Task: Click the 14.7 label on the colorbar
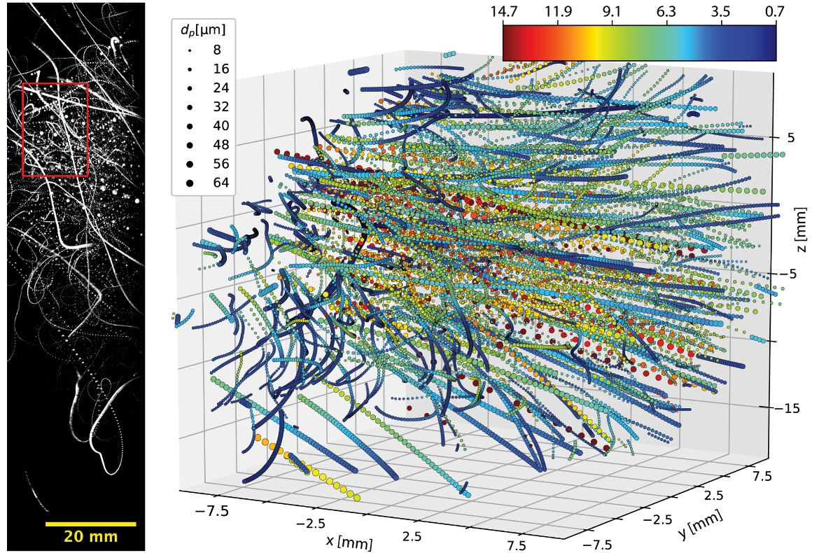[503, 11]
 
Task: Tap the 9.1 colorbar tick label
[612, 11]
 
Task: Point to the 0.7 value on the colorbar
[776, 11]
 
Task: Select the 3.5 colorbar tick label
[721, 11]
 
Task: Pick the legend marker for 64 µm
[192, 183]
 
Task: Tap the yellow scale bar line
[91, 524]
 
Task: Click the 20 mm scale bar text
[91, 537]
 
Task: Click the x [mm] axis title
[349, 542]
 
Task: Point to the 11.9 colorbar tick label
[556, 11]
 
